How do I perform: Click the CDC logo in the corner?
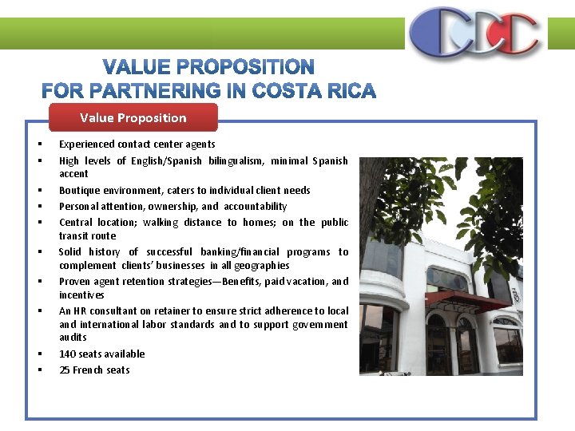474,33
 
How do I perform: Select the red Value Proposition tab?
133,118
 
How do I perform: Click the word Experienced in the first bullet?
87,144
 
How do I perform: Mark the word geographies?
264,266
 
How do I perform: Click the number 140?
67,354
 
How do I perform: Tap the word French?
88,370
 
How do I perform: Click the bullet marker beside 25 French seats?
38,370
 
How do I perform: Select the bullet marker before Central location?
38,223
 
